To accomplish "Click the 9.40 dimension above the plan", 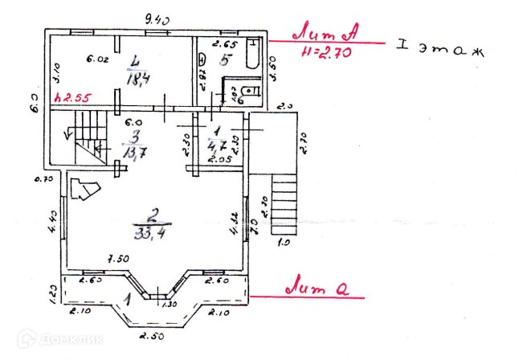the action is click(158, 19).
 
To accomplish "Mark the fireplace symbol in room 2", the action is click(84, 190).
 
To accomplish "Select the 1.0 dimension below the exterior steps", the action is click(283, 241).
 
